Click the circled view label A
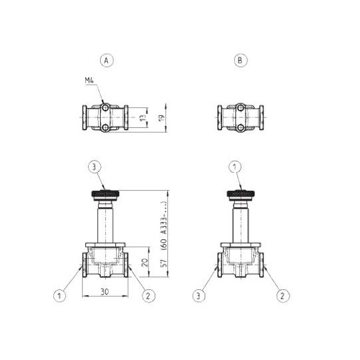coord(105,60)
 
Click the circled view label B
coord(240,60)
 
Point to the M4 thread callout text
coord(89,81)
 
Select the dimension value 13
coord(143,117)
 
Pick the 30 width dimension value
coord(105,292)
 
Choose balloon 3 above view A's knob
coord(95,166)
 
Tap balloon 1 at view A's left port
coord(61,293)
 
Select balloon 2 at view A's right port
coord(149,293)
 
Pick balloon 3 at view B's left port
coord(198,293)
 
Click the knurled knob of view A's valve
coord(105,195)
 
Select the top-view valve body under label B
coord(240,117)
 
